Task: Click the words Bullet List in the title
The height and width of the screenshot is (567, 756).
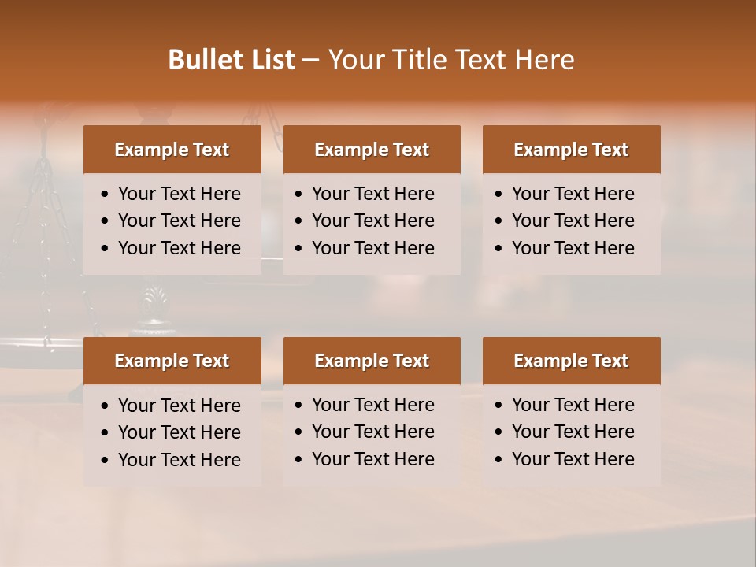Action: coord(232,60)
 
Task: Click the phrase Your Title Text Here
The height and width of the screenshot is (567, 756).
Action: coord(451,60)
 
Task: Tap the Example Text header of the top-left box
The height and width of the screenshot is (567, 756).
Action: coord(172,150)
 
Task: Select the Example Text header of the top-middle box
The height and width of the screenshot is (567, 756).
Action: coord(372,150)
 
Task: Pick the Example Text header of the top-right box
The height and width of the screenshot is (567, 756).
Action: coord(571,150)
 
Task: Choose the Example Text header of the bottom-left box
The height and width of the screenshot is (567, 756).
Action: coord(172,361)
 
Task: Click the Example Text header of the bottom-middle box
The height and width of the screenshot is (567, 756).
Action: coord(372,361)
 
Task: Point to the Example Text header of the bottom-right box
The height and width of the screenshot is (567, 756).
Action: coord(571,361)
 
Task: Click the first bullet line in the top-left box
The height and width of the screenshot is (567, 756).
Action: coord(180,194)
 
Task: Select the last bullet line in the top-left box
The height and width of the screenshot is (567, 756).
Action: coord(180,248)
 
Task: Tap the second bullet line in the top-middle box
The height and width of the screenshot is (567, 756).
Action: coord(373,220)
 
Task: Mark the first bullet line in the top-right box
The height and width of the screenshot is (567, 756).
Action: coord(573,194)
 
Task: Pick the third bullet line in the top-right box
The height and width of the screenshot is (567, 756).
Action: coord(573,248)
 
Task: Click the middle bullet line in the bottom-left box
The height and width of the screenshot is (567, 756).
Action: coord(180,432)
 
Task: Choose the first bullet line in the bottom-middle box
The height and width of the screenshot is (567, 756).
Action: coord(373,405)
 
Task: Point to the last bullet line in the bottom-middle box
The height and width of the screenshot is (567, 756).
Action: coord(373,459)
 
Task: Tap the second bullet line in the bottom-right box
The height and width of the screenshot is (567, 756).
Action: coord(573,432)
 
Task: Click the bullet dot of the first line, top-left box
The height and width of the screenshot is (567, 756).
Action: coord(105,195)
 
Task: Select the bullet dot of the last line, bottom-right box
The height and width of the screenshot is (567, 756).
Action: coord(498,460)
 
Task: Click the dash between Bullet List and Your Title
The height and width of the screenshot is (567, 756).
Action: coord(311,60)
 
